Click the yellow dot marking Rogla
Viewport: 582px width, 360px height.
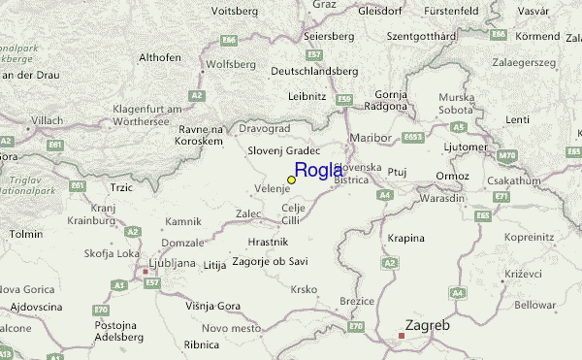[291, 180]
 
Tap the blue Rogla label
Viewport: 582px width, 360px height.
[318, 171]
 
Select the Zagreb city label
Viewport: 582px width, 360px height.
[427, 326]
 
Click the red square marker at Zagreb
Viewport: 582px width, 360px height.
[402, 336]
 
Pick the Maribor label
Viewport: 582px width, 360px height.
[370, 137]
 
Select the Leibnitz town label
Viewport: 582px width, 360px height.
[307, 96]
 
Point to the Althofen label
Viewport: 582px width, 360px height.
[160, 57]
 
